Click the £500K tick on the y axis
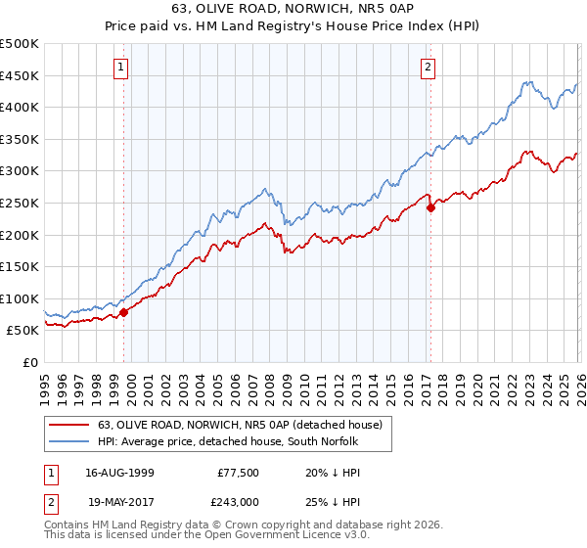pyautogui.click(x=20, y=44)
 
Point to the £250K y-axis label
pyautogui.click(x=20, y=203)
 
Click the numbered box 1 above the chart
pyautogui.click(x=120, y=68)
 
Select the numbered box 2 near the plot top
pyautogui.click(x=429, y=68)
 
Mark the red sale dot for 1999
pyautogui.click(x=124, y=313)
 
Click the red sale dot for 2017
pyautogui.click(x=430, y=207)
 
